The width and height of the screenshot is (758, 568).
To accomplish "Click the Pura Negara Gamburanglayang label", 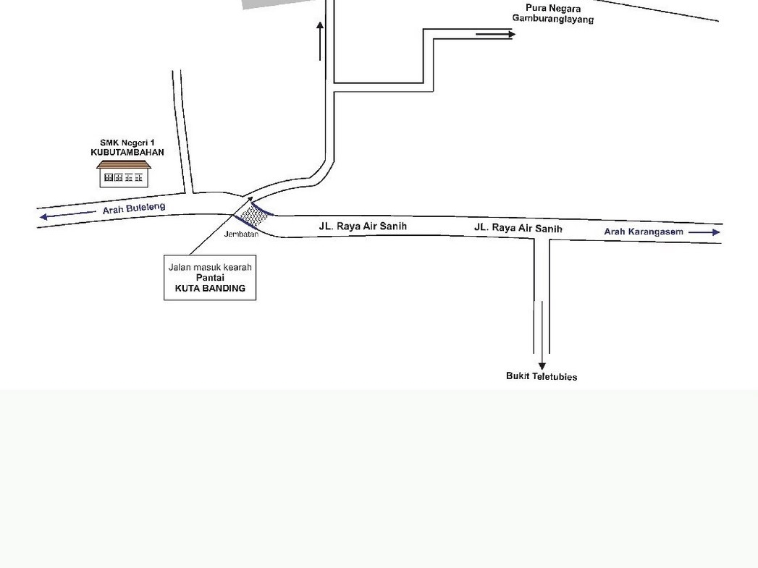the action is click(x=553, y=14).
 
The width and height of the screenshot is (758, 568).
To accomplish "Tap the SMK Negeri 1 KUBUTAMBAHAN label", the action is click(x=127, y=148).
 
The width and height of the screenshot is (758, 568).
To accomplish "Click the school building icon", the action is click(x=124, y=174).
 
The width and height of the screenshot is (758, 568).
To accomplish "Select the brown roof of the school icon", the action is click(x=124, y=164).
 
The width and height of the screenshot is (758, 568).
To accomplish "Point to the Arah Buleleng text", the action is click(x=134, y=208).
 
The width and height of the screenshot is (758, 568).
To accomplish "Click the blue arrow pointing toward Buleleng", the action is click(x=67, y=215).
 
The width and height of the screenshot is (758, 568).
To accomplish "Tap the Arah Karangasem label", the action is click(x=644, y=232).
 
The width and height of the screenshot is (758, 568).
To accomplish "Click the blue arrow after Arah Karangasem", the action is click(x=704, y=232).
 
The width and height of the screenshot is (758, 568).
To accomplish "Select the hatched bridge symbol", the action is click(x=254, y=216).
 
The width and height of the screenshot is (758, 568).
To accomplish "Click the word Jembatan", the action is click(x=241, y=234).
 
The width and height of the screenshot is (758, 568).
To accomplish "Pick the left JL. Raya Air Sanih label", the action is click(x=363, y=226).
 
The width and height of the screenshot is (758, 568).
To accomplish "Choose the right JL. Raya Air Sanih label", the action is click(x=518, y=227).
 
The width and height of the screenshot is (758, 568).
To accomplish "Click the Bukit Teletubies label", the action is click(x=542, y=376).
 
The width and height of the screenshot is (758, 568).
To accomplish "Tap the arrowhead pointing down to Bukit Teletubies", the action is click(x=542, y=365).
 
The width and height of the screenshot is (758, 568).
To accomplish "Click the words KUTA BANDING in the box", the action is click(x=210, y=289).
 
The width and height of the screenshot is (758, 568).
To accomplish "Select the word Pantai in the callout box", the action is click(x=210, y=278).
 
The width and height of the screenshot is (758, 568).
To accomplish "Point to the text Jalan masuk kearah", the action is click(x=210, y=267).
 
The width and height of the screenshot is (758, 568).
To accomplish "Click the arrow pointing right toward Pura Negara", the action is click(x=495, y=34).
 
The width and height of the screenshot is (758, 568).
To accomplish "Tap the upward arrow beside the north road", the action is click(x=320, y=41).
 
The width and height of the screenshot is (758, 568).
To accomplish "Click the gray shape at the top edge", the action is click(x=276, y=4).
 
